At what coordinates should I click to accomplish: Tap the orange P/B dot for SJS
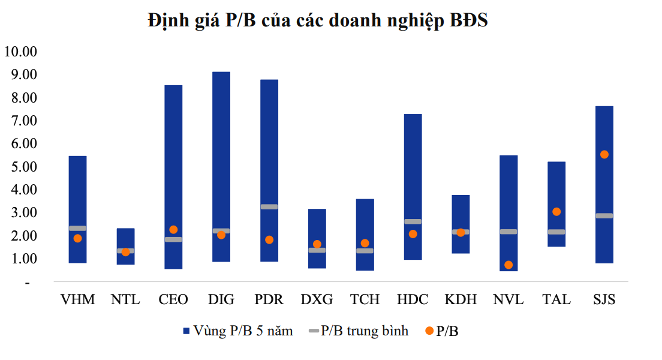point(604,154)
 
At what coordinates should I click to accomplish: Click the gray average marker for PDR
point(269,207)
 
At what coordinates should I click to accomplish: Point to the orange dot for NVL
point(508,265)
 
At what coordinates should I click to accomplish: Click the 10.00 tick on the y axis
point(20,52)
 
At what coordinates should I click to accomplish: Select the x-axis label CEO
point(173,299)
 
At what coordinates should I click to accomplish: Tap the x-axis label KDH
point(461,299)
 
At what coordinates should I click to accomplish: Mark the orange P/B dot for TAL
point(556,212)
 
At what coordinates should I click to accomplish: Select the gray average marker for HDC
point(413,221)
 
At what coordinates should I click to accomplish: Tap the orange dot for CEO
point(173,229)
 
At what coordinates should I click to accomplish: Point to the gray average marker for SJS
point(604,216)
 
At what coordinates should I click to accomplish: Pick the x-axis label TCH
point(365,299)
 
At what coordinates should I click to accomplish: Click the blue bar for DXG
point(317,228)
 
